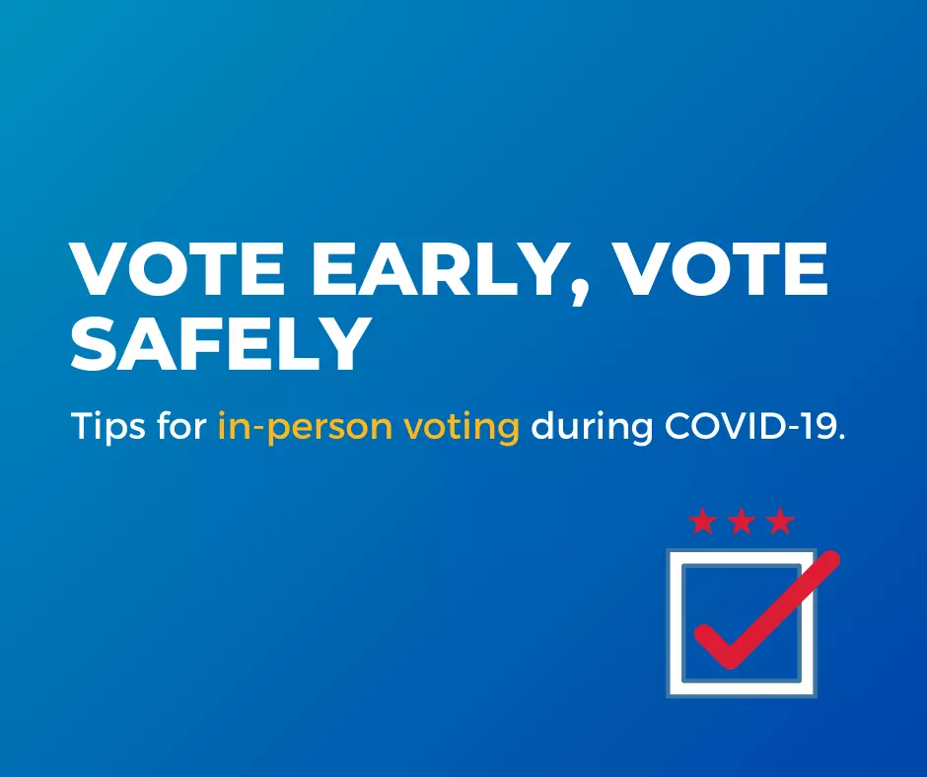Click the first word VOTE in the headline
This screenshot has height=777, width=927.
(x=177, y=269)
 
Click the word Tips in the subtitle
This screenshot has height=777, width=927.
(x=108, y=426)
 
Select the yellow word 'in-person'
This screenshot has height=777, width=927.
(x=305, y=427)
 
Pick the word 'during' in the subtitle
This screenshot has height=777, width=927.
(x=591, y=427)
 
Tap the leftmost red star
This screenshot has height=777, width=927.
(x=703, y=521)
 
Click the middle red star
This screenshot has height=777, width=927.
(x=742, y=521)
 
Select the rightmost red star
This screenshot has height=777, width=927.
(x=780, y=521)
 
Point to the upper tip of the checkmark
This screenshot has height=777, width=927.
(x=831, y=558)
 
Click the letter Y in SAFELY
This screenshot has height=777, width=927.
(x=340, y=344)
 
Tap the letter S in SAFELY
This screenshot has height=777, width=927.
(x=93, y=344)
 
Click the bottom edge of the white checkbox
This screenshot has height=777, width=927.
(x=742, y=689)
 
